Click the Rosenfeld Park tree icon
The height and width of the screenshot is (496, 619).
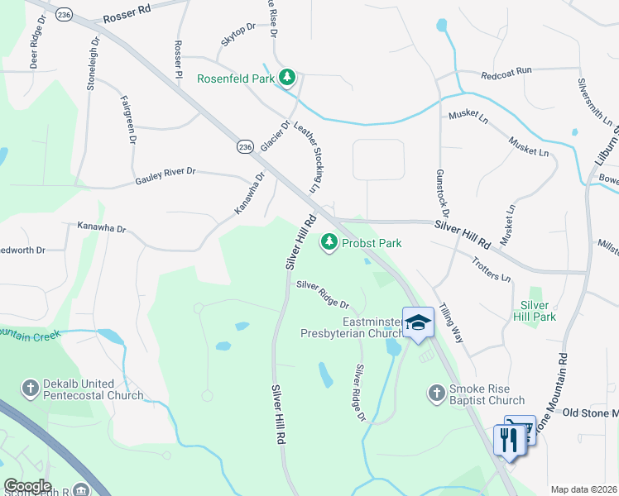pos(287,78)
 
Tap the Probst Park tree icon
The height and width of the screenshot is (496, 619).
pos(330,241)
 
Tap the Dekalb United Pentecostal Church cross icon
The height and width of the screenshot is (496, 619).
pos(31,388)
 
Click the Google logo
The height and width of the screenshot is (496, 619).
pos(26,487)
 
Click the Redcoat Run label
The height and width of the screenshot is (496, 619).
pos(506,74)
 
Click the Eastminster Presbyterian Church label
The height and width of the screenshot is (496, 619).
pos(351,327)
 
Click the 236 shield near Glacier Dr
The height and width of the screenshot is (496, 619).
pos(244,146)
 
